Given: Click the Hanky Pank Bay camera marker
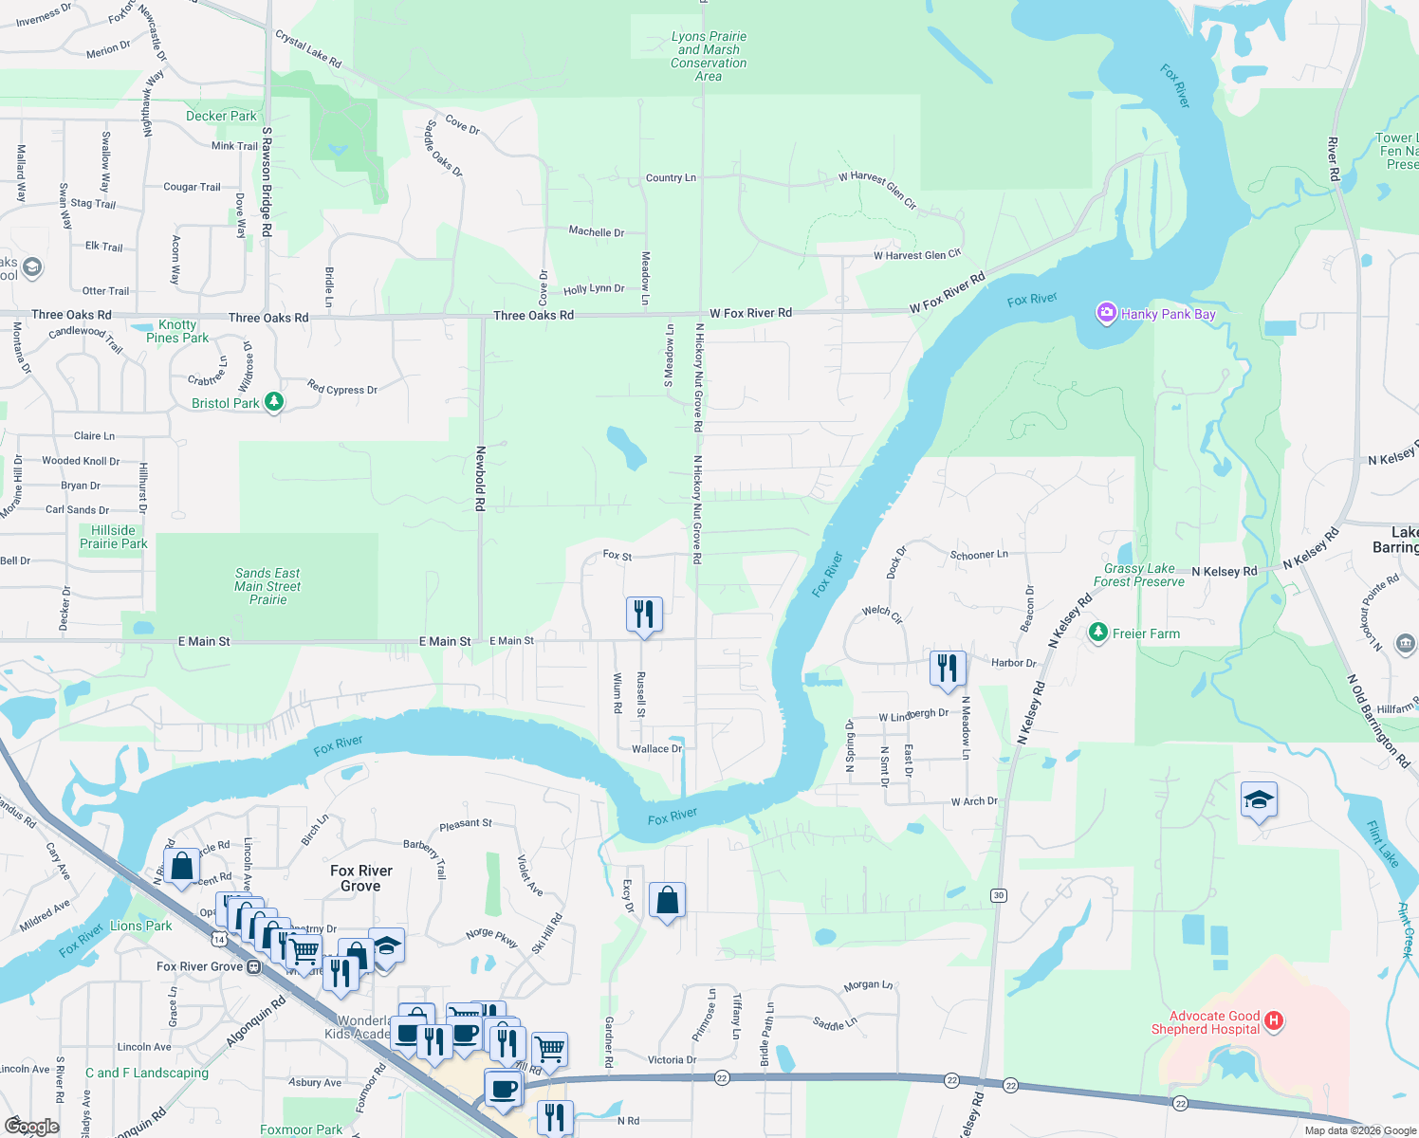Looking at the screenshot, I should [1106, 313].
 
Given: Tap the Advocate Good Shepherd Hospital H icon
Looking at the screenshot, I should [1274, 1021].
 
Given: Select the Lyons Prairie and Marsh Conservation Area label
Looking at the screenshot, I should [709, 56].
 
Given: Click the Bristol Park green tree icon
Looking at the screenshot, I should [274, 402].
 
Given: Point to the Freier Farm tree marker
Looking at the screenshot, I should [1098, 633].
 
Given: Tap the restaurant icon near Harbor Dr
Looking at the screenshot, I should [947, 668].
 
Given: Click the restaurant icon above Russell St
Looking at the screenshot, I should [643, 614].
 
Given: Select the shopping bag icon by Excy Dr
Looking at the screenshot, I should [667, 900].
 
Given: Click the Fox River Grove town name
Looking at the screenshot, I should [360, 878].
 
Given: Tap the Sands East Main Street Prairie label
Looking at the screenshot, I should [267, 586].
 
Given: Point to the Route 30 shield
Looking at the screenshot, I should [998, 895].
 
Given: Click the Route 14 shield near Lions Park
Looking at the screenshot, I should [219, 939].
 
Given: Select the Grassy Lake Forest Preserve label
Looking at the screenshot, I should [1138, 575].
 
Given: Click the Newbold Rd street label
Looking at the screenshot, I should [481, 479].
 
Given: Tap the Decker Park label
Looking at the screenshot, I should [221, 116].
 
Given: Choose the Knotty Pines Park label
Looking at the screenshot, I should [177, 331].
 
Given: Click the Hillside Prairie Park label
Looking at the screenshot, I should [114, 537].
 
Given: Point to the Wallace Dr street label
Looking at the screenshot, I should [656, 749].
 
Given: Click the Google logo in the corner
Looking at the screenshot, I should [31, 1127].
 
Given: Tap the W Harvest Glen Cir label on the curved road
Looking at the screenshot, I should [877, 190].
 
